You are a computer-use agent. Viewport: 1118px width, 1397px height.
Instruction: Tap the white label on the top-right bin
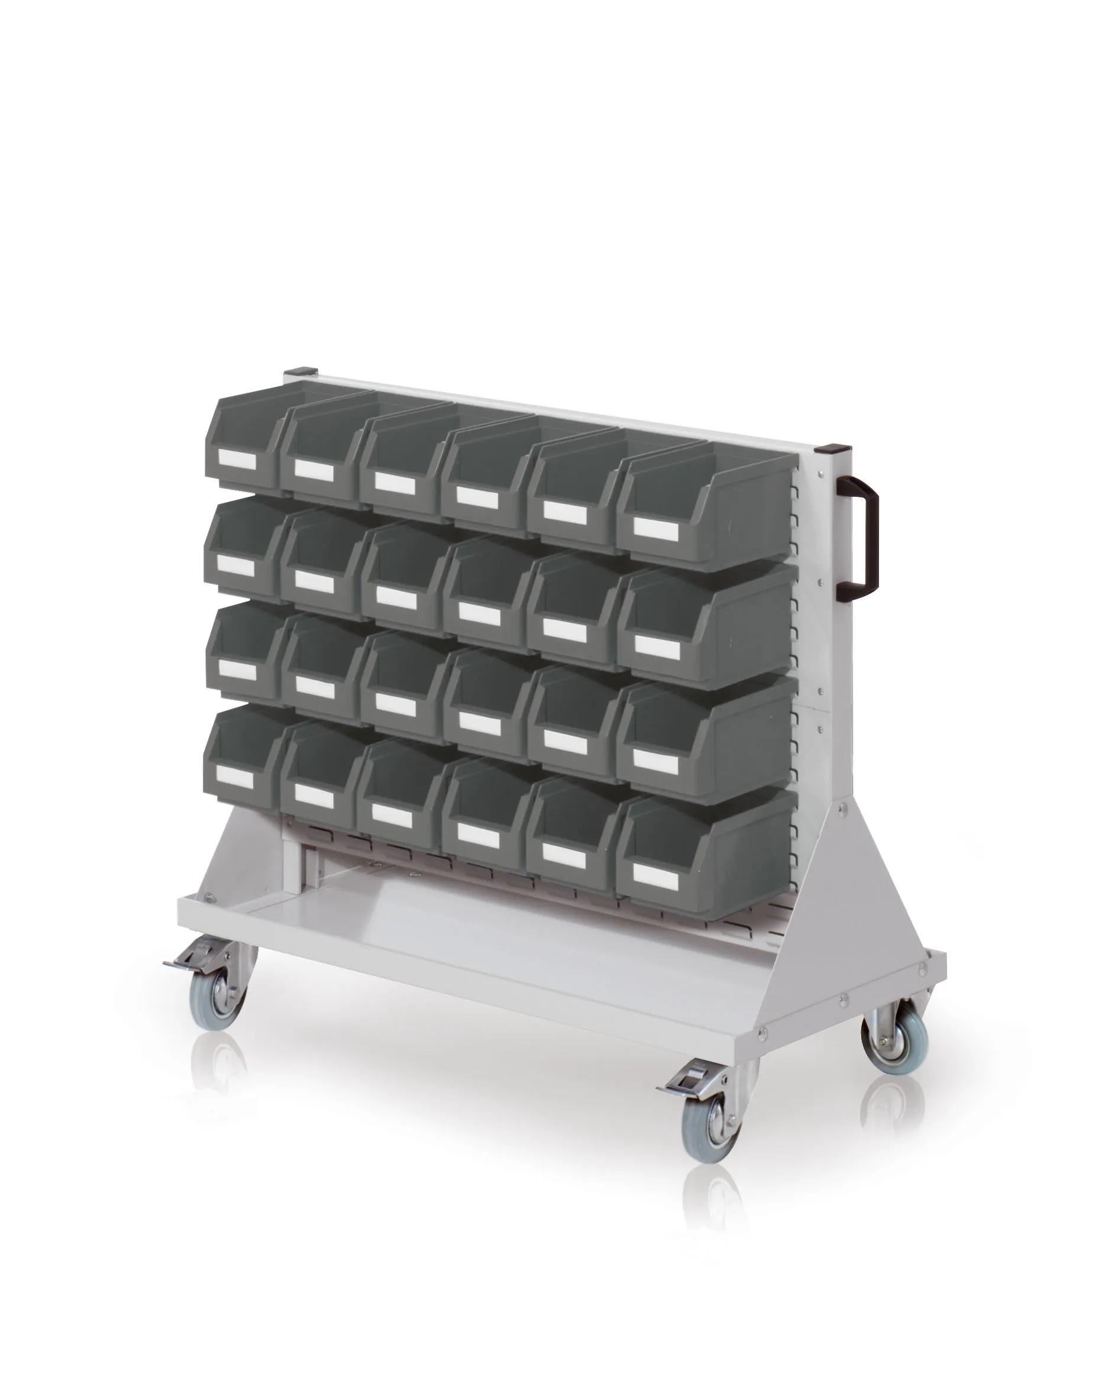click(655, 529)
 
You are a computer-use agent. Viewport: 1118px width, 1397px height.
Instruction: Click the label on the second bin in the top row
click(314, 471)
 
